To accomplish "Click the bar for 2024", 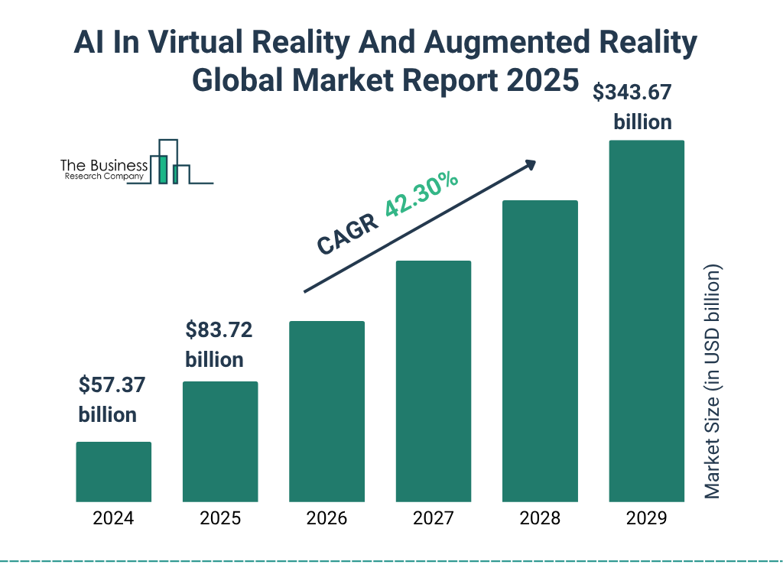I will pos(113,472).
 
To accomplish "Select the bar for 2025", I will pos(220,442).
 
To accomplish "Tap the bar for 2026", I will pos(327,411).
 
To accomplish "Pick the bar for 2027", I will pos(433,381).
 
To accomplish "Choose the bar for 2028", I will pos(540,351).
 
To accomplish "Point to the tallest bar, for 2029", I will pos(646,321).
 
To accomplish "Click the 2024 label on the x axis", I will pos(113,519).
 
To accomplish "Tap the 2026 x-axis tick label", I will pos(327,519).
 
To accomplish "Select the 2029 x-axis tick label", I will pos(646,519).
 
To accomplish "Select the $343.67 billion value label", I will pos(634,107).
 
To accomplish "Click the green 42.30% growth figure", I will pos(421,195).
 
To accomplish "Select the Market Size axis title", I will pos(713,382).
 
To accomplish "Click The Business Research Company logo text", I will pos(104,170).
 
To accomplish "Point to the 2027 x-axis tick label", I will pos(433,519).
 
